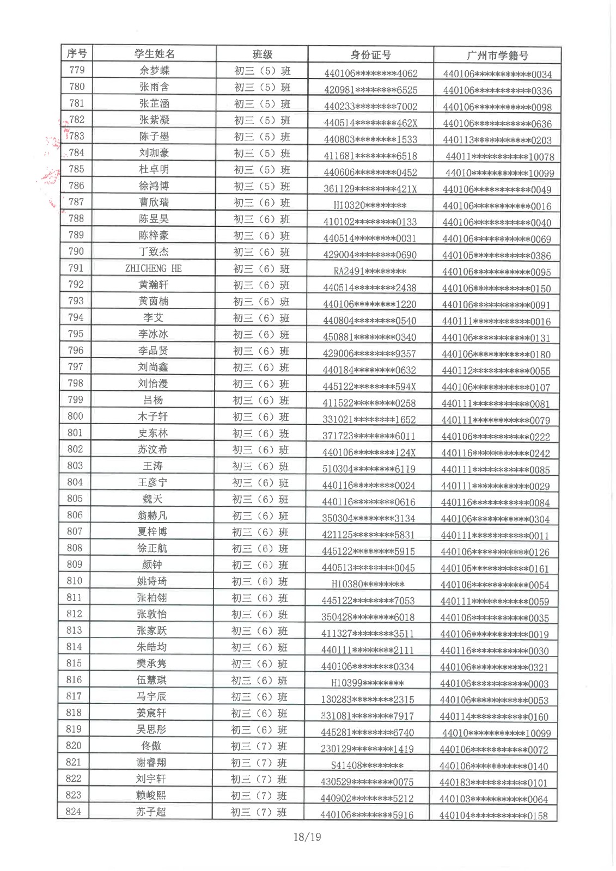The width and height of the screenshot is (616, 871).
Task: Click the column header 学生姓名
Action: [x=155, y=54]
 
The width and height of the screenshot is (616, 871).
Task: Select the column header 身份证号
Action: [x=370, y=55]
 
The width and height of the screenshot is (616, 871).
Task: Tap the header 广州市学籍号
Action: [x=497, y=56]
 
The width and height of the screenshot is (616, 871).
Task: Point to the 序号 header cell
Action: [x=77, y=53]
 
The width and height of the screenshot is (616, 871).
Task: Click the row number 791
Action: [x=76, y=268]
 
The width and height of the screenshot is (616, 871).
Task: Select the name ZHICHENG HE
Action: [x=154, y=268]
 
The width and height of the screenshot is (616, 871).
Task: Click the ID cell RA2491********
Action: [x=370, y=271]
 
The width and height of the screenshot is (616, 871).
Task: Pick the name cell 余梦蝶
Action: [x=155, y=70]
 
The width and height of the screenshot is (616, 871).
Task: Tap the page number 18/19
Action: [x=307, y=837]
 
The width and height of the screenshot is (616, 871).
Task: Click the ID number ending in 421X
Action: [x=370, y=189]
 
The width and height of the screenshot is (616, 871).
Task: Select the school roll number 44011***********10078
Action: [x=499, y=157]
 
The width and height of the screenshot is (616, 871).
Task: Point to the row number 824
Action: [x=73, y=811]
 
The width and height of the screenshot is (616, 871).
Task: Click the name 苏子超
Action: [x=151, y=812]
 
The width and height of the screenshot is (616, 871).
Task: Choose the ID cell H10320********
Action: [x=370, y=205]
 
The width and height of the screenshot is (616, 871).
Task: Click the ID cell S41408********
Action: [x=367, y=765]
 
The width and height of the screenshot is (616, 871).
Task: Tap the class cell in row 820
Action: [x=259, y=746]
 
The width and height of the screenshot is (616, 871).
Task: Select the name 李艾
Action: [x=153, y=318]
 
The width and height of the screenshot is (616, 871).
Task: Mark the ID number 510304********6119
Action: [x=369, y=469]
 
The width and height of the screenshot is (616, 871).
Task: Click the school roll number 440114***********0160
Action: [x=494, y=716]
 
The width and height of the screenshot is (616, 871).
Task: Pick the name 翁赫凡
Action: [x=153, y=516]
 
